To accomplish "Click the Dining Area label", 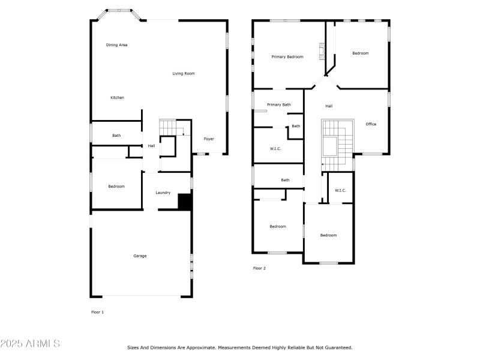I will point(116,45).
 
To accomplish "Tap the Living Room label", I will point(184,74).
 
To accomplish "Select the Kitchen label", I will point(117,98).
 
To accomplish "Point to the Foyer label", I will point(209,139).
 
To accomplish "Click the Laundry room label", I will point(163,193).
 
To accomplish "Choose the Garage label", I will point(140,256).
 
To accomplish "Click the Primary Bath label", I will point(279,105).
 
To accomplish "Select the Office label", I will point(371,124).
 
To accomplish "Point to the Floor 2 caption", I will point(259,268).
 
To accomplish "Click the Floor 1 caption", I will point(97,312).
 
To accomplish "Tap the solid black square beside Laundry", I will point(185,202).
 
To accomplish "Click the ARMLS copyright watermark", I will point(30,344).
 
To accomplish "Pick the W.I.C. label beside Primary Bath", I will point(276,148).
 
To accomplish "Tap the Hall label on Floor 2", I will point(329,106).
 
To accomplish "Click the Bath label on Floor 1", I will point(116,136).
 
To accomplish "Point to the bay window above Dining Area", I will point(119,11).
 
